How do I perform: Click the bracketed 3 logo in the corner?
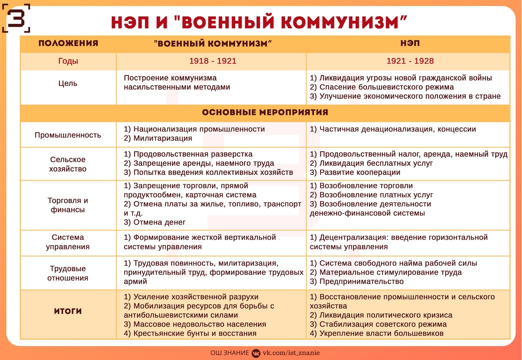(16, 18)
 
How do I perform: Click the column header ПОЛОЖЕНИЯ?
(68, 44)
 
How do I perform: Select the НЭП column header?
(410, 44)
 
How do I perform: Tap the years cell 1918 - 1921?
(212, 62)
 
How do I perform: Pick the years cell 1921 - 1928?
(410, 62)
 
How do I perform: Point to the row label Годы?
(68, 62)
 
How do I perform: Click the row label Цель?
(68, 84)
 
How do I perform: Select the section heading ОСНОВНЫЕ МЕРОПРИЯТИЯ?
(265, 113)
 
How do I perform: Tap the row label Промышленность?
(68, 135)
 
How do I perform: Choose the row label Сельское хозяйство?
(68, 164)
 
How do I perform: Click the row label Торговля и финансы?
(68, 205)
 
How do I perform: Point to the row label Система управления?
(68, 242)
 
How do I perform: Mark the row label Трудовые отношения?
(68, 273)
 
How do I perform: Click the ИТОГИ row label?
(68, 311)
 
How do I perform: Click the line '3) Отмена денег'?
(155, 222)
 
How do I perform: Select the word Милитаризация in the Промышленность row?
(163, 138)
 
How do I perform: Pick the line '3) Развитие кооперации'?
(355, 172)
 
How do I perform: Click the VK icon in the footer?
(256, 353)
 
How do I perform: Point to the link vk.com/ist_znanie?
(291, 353)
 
